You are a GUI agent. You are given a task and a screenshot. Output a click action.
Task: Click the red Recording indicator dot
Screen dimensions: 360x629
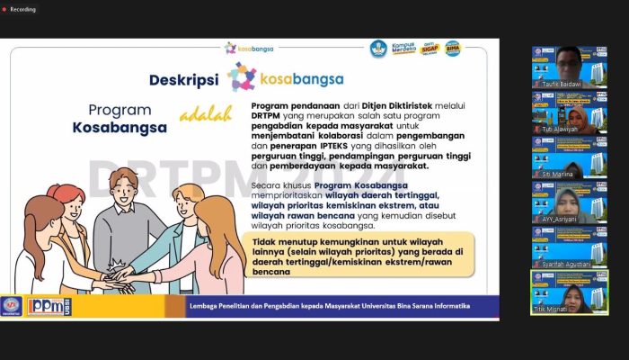click(x=5, y=9)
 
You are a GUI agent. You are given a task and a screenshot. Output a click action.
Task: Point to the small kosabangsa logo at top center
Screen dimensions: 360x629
click(x=249, y=49)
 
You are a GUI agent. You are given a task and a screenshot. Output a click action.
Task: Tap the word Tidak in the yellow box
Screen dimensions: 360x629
click(x=264, y=241)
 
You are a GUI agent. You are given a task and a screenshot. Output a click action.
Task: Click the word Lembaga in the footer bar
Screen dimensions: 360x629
click(x=204, y=306)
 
